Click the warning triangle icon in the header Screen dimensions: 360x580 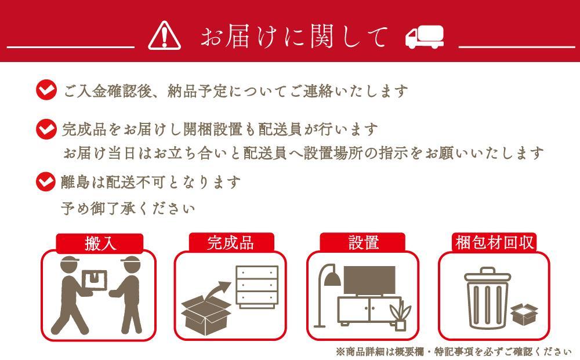click(x=165, y=35)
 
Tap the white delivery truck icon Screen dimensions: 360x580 click(x=424, y=37)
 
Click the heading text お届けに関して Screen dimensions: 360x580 click(x=293, y=37)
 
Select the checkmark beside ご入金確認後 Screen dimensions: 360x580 click(x=46, y=90)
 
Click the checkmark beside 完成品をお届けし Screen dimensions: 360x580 click(x=46, y=128)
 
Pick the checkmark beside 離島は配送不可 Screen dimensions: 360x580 click(x=46, y=181)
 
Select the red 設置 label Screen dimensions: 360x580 click(x=363, y=242)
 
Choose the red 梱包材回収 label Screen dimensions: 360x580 click(x=495, y=242)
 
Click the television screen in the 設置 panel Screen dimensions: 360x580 click(x=370, y=281)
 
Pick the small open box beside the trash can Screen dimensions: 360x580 click(x=524, y=314)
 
